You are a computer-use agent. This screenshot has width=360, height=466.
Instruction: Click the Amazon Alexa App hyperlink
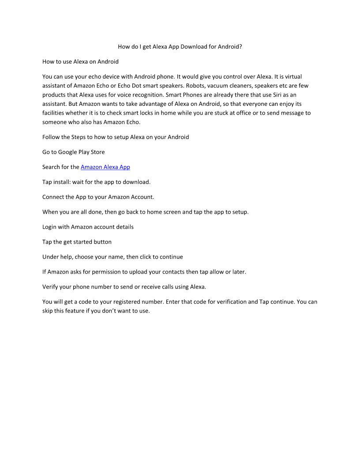point(105,167)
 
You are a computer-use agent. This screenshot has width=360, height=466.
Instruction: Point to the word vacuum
point(217,86)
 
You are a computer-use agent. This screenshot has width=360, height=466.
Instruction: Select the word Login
point(50,227)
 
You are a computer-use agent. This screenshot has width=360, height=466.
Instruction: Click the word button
point(102,242)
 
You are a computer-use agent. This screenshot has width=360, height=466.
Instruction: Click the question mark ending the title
point(240,46)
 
